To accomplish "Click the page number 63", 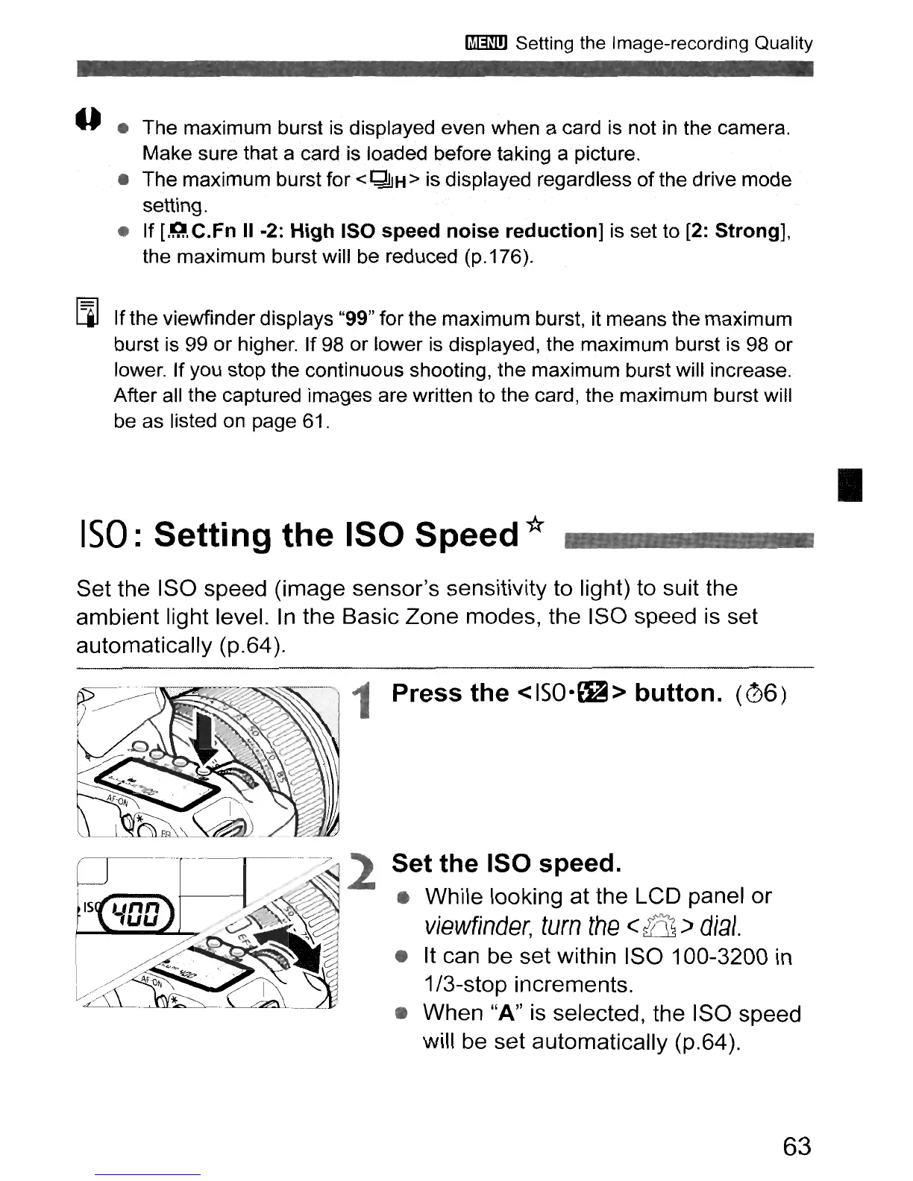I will coord(797,1145).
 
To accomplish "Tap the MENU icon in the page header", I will coord(486,43).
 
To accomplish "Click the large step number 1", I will coord(365,702).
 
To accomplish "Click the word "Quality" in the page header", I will coord(782,43).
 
